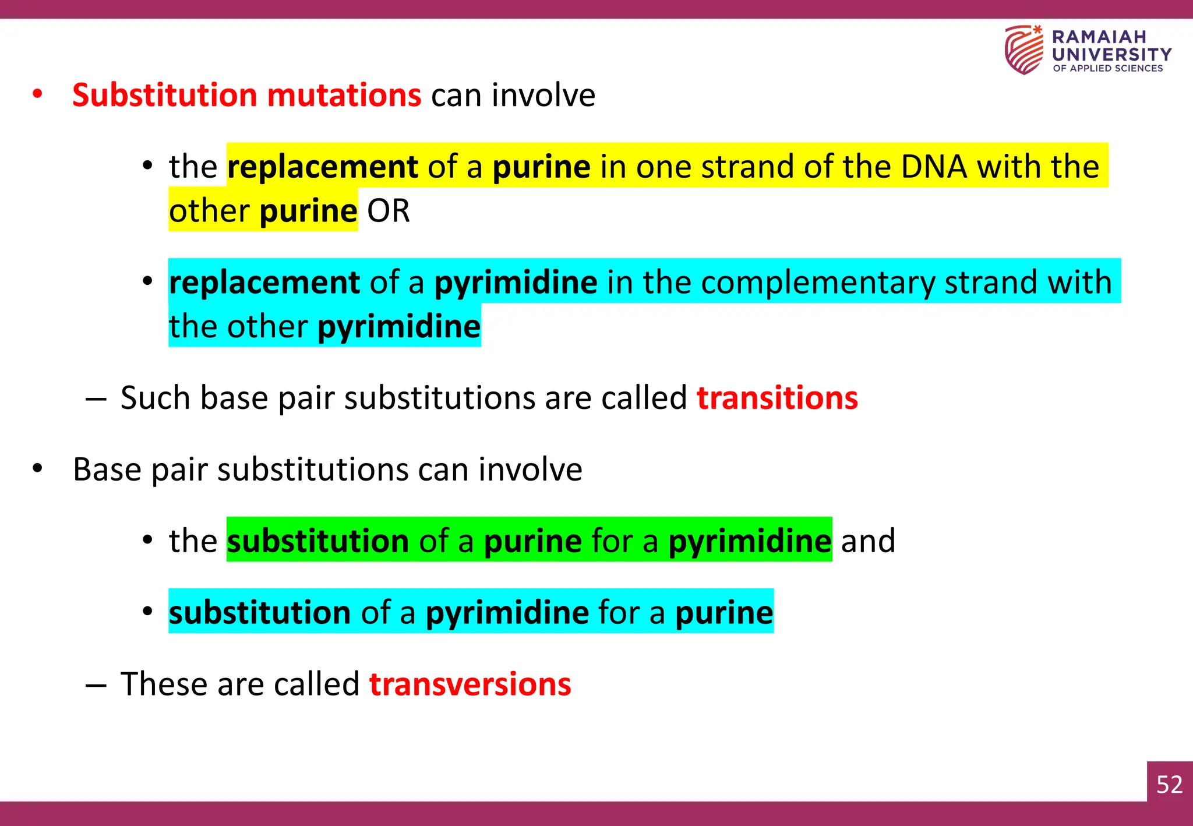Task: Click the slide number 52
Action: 1169,784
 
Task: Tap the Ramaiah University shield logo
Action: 1024,50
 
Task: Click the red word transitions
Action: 777,398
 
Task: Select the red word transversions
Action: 470,684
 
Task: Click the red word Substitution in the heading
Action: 164,95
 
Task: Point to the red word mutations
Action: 344,95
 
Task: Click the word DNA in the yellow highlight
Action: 934,167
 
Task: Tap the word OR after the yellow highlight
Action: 388,211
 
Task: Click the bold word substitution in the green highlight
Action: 317,541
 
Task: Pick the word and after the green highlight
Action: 867,541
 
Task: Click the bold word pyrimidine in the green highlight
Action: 749,541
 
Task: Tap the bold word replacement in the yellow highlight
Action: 322,167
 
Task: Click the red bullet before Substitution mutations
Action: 38,94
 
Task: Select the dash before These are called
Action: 96,685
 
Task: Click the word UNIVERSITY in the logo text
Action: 1111,55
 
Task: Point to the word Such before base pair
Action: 155,398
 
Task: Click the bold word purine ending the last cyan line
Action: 724,613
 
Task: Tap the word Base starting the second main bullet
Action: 107,470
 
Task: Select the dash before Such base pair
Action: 96,399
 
